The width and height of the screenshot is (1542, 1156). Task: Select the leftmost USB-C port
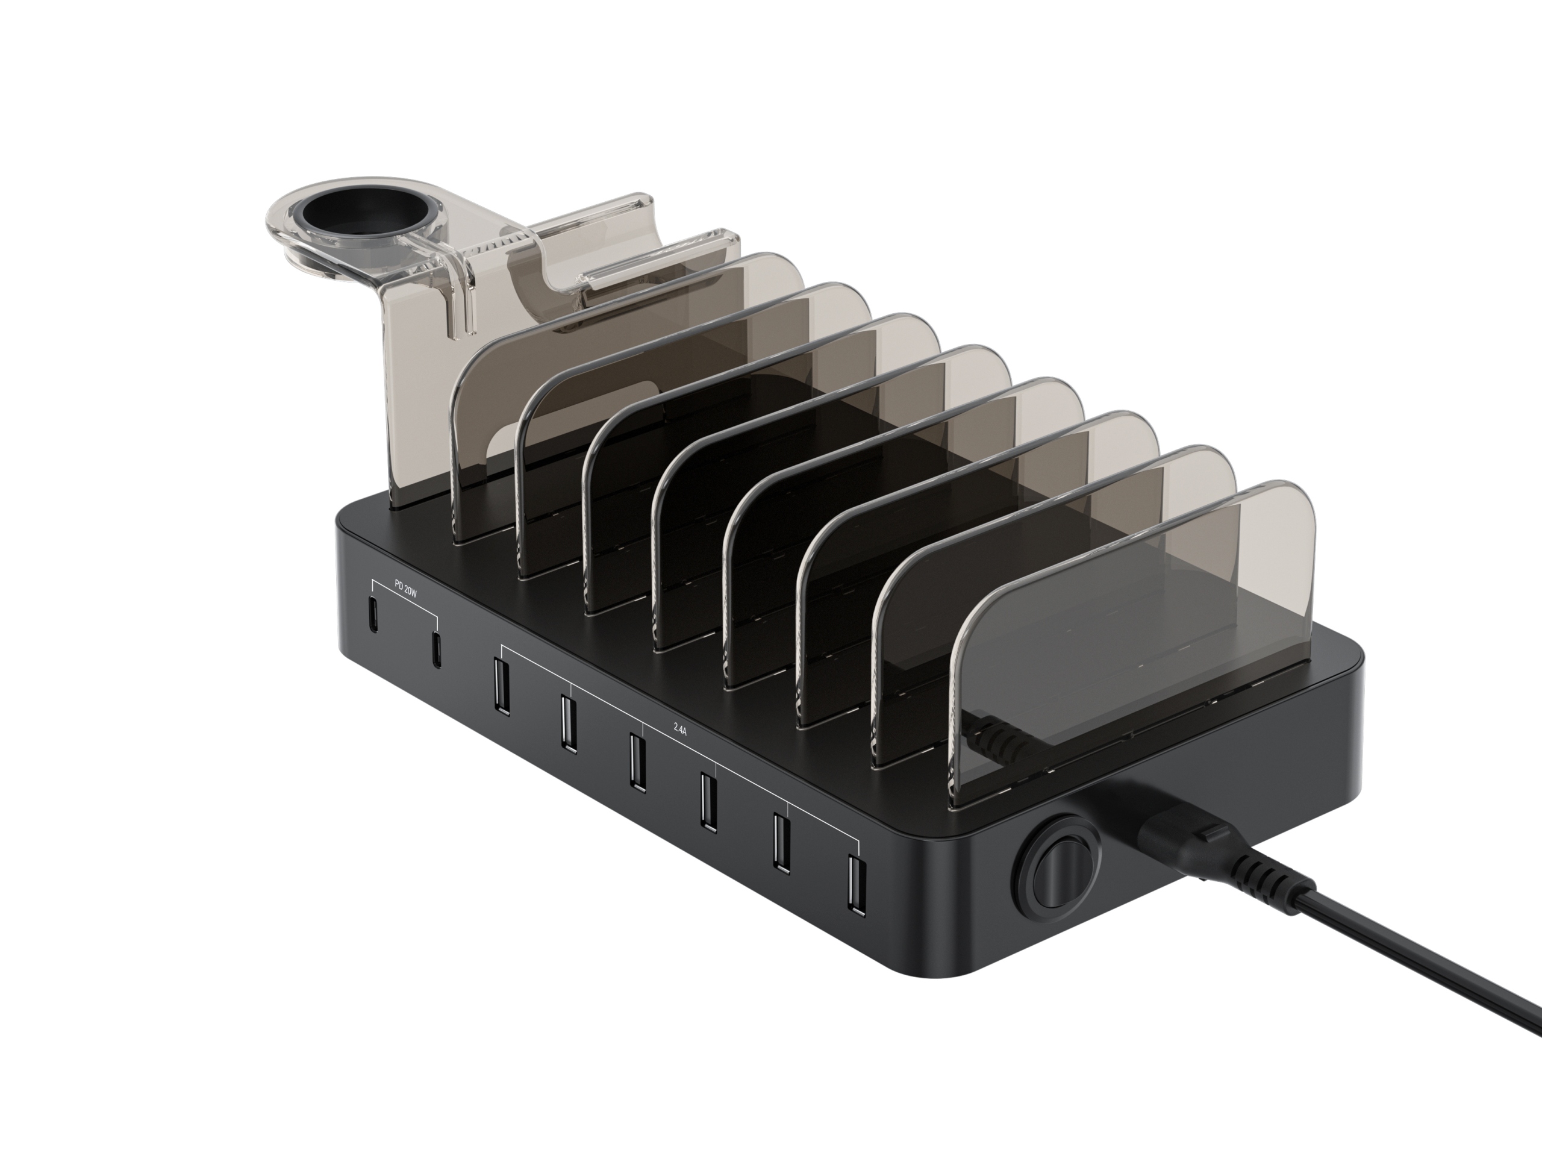(373, 616)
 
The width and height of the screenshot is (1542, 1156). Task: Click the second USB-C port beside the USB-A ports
(435, 650)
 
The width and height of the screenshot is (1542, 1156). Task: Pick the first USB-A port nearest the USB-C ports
(500, 686)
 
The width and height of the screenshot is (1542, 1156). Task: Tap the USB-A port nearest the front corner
(856, 886)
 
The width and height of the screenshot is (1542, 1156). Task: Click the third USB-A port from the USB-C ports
(635, 762)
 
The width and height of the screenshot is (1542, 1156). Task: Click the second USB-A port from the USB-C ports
(567, 723)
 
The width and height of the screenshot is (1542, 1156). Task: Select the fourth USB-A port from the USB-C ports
(708, 802)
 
